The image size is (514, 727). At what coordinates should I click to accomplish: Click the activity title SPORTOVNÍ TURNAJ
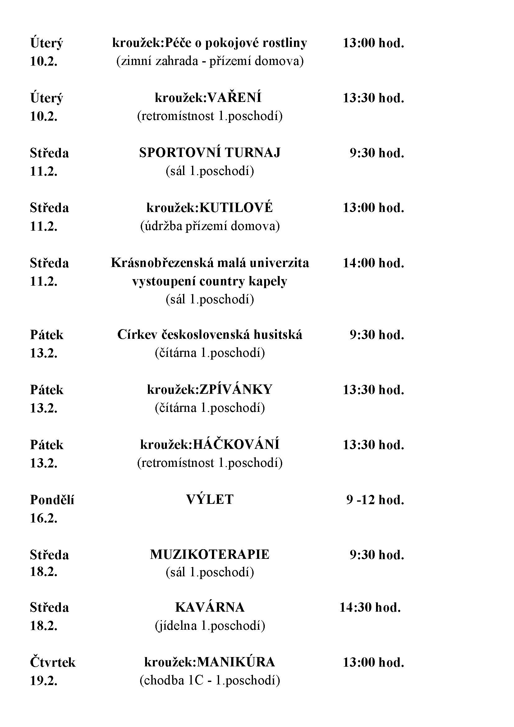pyautogui.click(x=209, y=153)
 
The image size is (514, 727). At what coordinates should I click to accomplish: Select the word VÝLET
pyautogui.click(x=209, y=500)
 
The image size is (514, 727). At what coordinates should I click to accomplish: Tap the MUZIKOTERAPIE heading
pyautogui.click(x=209, y=554)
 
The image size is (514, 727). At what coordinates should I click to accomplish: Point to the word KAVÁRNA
pyautogui.click(x=209, y=607)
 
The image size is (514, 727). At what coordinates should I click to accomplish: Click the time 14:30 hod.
pyautogui.click(x=370, y=607)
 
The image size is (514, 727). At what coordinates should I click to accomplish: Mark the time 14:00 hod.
pyautogui.click(x=374, y=263)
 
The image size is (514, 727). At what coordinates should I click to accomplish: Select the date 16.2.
pyautogui.click(x=44, y=518)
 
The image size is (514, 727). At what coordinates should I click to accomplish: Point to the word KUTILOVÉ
pyautogui.click(x=236, y=208)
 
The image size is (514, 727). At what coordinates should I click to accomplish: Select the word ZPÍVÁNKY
pyautogui.click(x=236, y=390)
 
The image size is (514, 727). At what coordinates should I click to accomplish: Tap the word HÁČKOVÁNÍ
pyautogui.click(x=236, y=445)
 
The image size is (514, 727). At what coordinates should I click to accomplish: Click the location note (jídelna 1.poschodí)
pyautogui.click(x=209, y=626)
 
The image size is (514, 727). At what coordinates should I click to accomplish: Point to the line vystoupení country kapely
pyautogui.click(x=209, y=281)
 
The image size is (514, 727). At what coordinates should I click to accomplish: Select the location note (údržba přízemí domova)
pyautogui.click(x=209, y=226)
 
